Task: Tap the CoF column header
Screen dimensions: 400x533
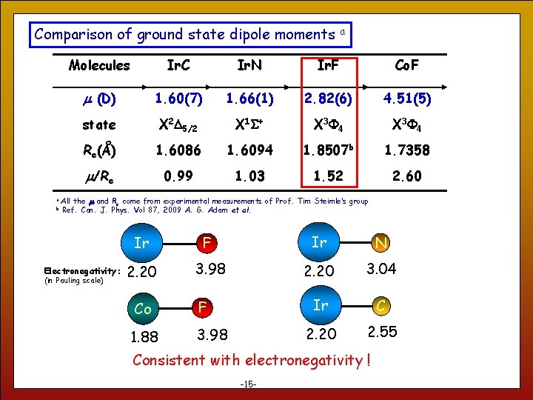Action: (x=406, y=66)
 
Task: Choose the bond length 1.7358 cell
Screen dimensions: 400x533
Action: (x=406, y=150)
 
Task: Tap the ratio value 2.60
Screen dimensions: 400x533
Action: (x=406, y=176)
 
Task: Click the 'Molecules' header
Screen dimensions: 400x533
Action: (x=99, y=66)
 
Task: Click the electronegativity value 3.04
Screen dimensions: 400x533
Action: (x=381, y=269)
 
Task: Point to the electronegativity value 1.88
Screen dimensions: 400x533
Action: (x=144, y=337)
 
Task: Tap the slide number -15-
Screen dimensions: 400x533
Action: (x=249, y=384)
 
